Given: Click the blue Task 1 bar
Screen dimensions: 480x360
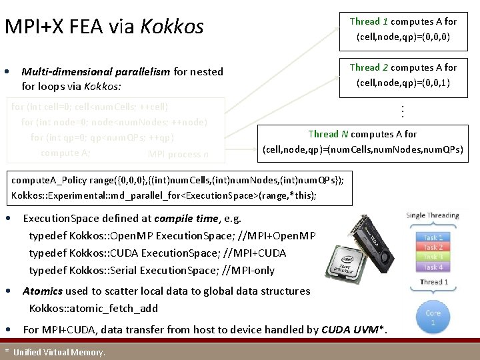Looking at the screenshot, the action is pos(433,237).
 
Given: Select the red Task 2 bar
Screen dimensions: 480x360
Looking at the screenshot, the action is pos(433,247).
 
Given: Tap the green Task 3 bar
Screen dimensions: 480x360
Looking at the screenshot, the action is pos(433,257).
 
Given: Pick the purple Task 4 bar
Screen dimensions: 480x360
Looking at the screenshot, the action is pos(433,267).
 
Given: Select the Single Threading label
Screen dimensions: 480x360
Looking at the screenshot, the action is pos(433,215).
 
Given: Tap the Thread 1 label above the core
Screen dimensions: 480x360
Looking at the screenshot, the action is pos(433,282).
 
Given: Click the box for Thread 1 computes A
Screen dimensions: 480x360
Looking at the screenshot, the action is pos(403,29).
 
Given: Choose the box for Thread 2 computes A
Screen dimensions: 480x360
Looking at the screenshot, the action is pos(403,75).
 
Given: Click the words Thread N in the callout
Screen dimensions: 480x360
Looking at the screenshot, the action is pos(323,134).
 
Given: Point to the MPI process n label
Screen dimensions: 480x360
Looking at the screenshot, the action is pos(178,155).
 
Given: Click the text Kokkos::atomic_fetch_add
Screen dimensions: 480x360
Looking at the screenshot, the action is pos(93,308).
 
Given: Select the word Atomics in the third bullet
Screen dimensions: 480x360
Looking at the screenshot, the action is pos(43,291).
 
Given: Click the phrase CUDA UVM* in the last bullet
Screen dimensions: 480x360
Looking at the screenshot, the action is pos(353,329).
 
